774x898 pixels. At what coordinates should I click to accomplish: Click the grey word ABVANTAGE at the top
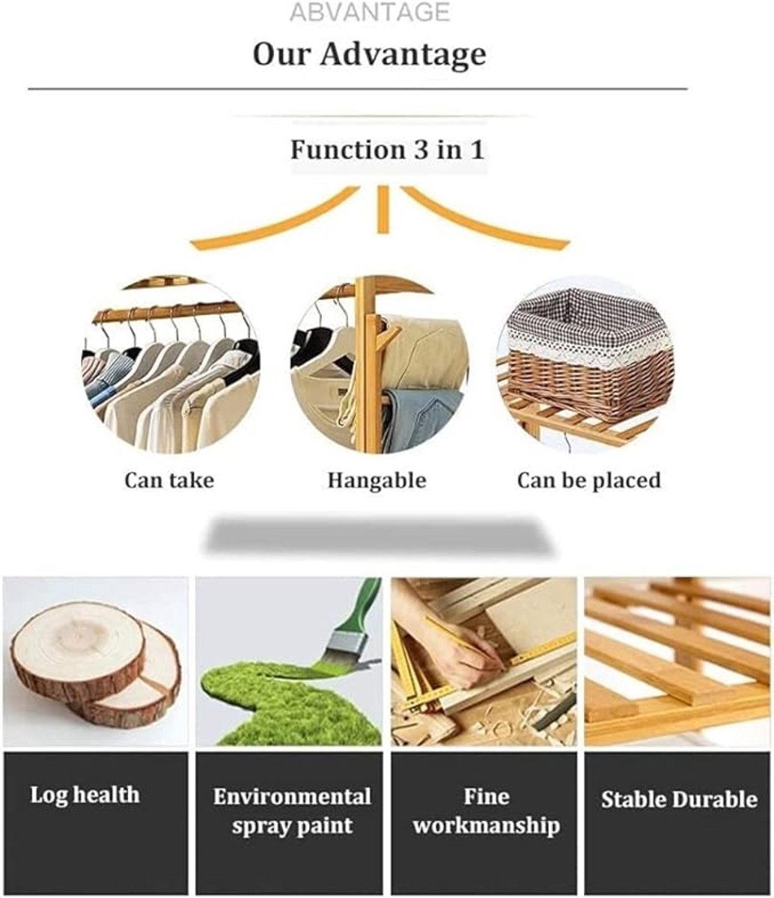pos(370,12)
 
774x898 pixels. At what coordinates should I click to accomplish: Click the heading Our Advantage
pos(369,55)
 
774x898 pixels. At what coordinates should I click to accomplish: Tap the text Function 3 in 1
pos(387,150)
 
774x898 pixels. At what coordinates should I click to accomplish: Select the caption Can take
pos(169,481)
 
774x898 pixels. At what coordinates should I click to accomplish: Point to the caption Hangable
pos(377,481)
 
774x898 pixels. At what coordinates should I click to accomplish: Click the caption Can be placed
pos(589,481)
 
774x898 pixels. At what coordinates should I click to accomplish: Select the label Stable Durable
pos(679,799)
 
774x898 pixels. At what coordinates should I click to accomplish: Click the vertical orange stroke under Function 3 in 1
pos(383,210)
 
